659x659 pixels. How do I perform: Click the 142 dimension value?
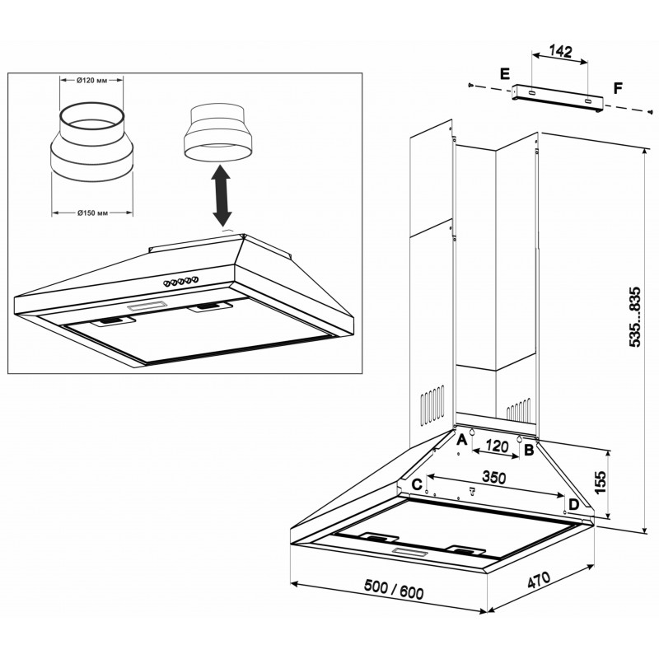point(561,51)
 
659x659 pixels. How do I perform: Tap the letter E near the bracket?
point(505,73)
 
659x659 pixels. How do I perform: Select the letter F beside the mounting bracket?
point(618,89)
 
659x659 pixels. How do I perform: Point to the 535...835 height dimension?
point(634,317)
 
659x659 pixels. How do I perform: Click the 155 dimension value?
point(601,482)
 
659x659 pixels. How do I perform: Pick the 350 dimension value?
point(493,478)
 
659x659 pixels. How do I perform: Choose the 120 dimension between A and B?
point(498,446)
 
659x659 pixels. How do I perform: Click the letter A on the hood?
point(461,440)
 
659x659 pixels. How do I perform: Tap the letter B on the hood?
point(529,450)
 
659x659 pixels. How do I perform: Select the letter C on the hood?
point(417,484)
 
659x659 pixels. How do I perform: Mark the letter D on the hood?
point(573,504)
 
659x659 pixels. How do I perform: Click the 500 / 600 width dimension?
point(394,589)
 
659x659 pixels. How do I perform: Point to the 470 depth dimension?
point(539,581)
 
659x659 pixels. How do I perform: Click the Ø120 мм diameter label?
point(91,81)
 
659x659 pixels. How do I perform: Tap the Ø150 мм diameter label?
point(92,213)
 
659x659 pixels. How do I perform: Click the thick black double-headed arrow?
point(222,195)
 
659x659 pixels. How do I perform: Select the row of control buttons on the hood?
point(181,281)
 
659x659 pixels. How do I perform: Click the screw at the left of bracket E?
point(470,86)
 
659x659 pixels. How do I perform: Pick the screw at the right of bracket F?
point(651,112)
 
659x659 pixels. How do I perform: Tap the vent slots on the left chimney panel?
point(432,404)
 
